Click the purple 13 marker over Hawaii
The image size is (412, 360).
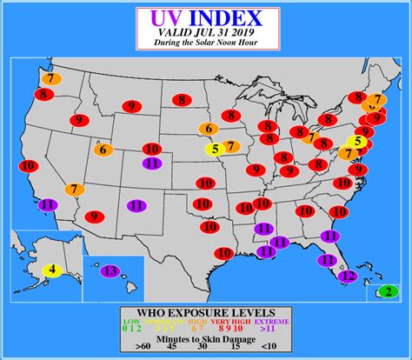[110, 270]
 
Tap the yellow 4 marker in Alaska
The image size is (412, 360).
[52, 270]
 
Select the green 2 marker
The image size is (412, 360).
[388, 292]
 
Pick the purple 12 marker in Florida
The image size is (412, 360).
[347, 277]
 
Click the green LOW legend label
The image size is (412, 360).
[130, 322]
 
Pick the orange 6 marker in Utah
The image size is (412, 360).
[103, 150]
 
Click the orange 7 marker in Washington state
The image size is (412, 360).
[51, 77]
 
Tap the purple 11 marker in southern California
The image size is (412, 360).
[47, 204]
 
